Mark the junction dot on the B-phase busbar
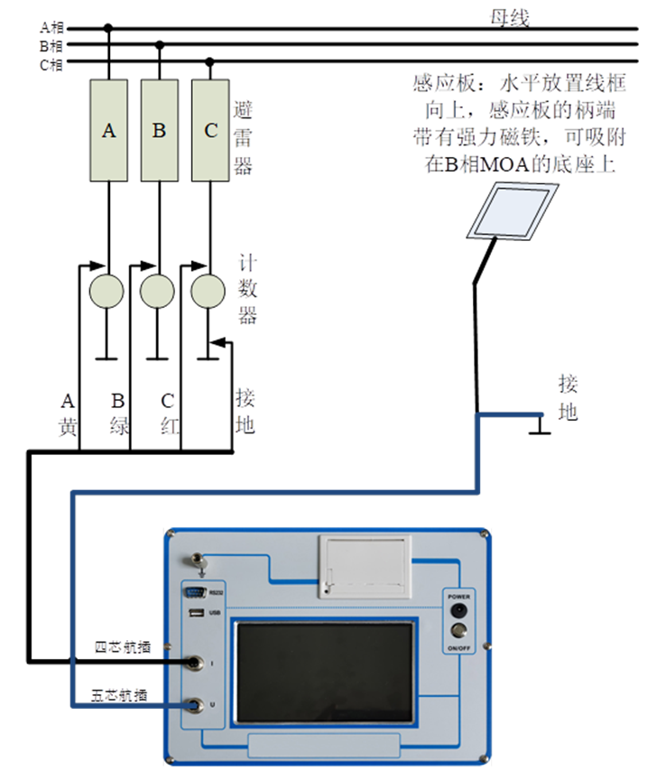pos(160,44)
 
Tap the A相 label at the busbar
pos(51,28)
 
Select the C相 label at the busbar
pos(51,63)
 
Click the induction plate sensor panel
pos(511,209)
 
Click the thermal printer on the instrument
pos(365,565)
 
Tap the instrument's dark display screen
pos(327,671)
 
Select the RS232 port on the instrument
pos(194,593)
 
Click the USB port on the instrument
pos(194,614)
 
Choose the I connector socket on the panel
pos(192,663)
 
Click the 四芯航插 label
pos(123,647)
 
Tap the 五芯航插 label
pos(121,696)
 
